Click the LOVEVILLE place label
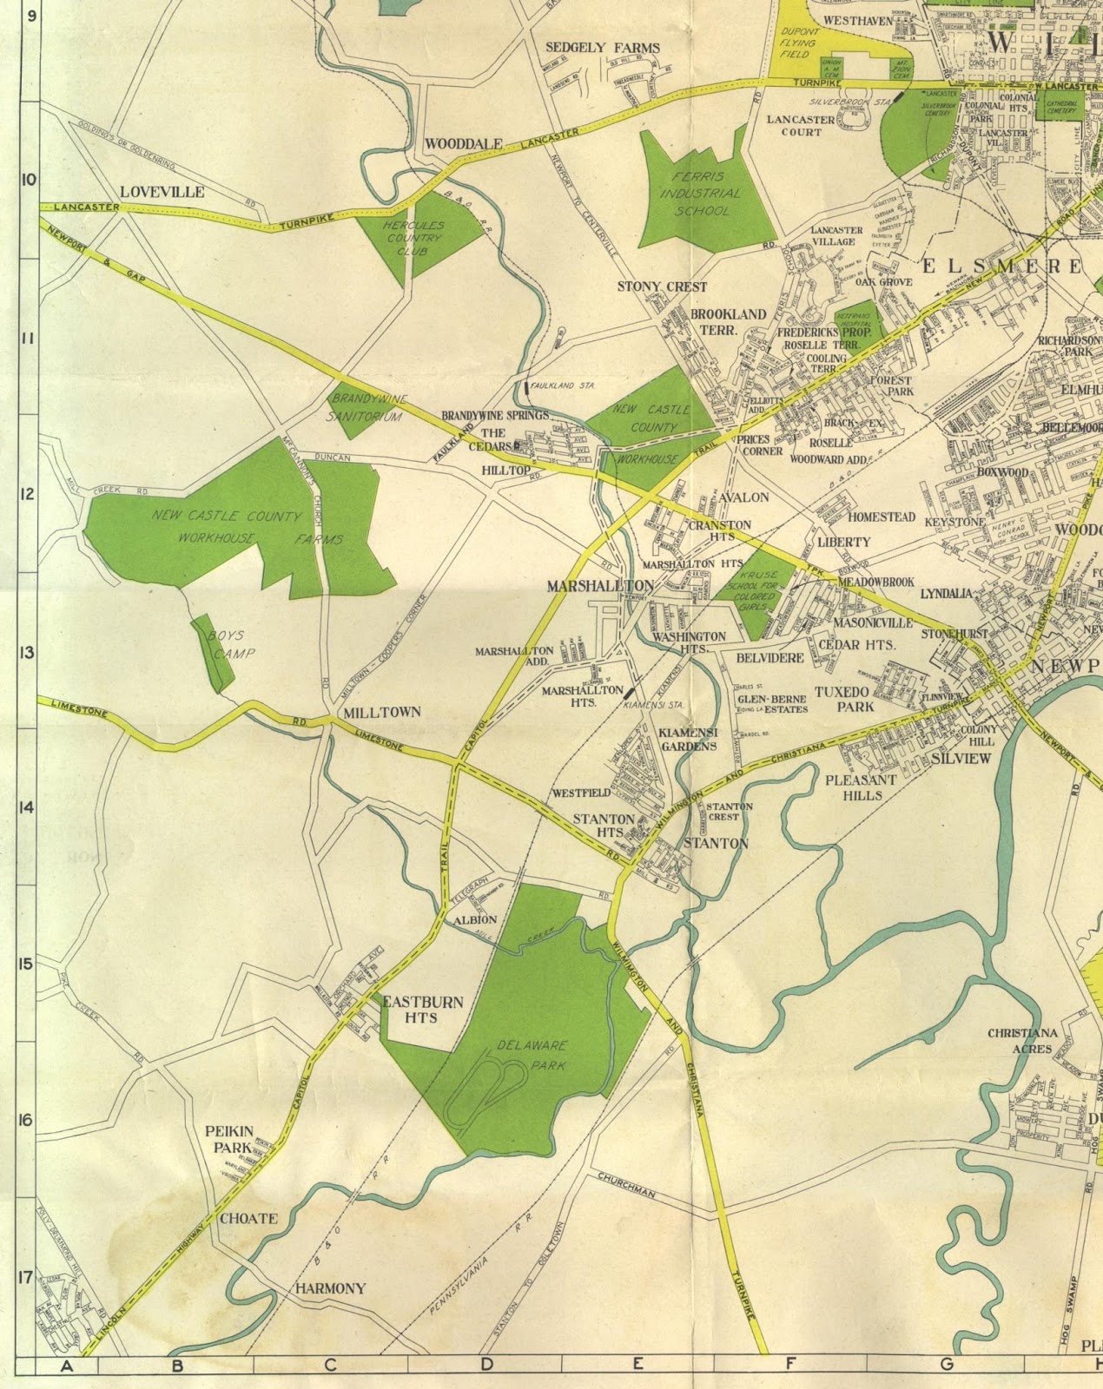(x=162, y=192)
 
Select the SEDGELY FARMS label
(x=603, y=49)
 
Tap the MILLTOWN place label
(x=382, y=712)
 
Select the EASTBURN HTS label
(x=423, y=1009)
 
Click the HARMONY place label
(x=331, y=1288)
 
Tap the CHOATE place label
(x=248, y=1218)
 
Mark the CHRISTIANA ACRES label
(x=1022, y=1041)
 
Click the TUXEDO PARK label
(x=843, y=700)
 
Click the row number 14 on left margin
(x=25, y=807)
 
